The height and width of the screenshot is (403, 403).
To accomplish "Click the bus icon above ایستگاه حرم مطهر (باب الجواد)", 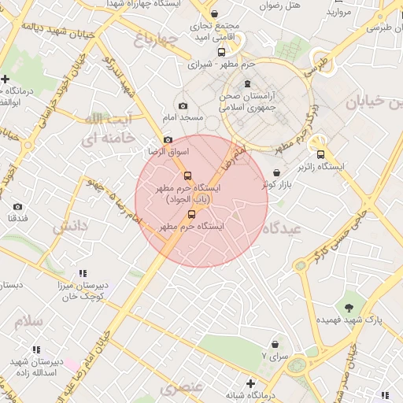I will (187, 176).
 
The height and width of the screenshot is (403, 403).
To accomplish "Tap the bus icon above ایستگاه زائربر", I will (320, 154).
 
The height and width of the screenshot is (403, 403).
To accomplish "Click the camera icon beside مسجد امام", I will (183, 106).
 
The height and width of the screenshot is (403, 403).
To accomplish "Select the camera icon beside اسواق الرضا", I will (168, 139).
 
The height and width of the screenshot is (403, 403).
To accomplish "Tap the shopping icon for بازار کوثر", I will (276, 173).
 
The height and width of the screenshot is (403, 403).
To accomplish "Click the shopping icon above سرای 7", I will (275, 344).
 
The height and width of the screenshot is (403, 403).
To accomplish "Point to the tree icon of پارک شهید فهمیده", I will (349, 306).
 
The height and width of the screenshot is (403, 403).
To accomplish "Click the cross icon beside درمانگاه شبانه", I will (250, 383).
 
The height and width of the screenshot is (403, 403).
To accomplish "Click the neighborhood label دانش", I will (70, 227).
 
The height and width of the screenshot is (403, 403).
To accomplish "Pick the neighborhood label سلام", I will (26, 321).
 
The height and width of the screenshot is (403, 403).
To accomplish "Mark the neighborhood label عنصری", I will (182, 388).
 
